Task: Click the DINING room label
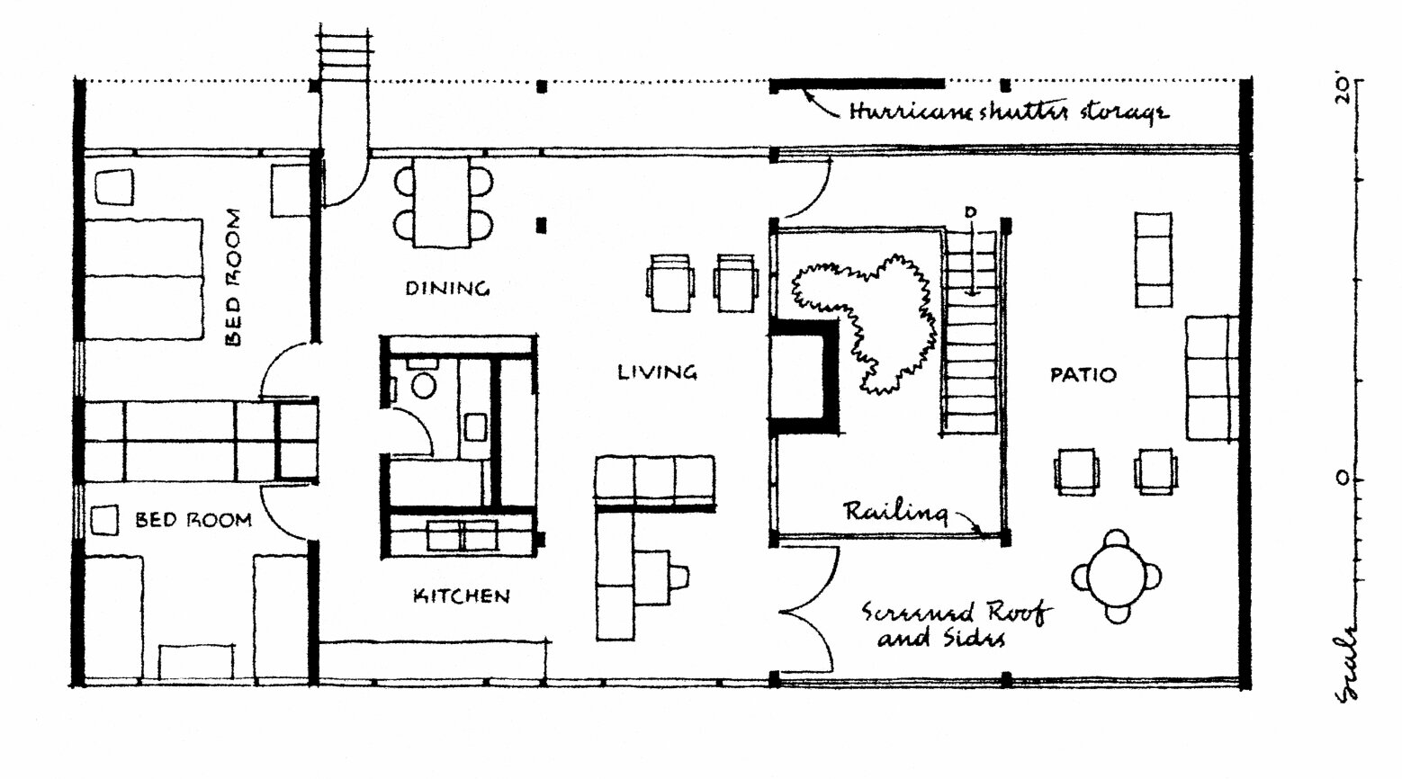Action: [447, 289]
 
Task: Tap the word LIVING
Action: [657, 372]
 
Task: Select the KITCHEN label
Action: [462, 595]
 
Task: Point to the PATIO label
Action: [1083, 375]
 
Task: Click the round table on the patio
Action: [1118, 577]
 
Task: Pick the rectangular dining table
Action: [442, 201]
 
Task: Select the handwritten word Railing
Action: [895, 512]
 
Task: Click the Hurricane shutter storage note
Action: [1009, 112]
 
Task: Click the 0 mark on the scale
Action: [1342, 479]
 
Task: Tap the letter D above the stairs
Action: [971, 212]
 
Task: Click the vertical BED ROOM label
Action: [232, 277]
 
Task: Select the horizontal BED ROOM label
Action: [193, 520]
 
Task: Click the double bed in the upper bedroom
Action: [143, 279]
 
